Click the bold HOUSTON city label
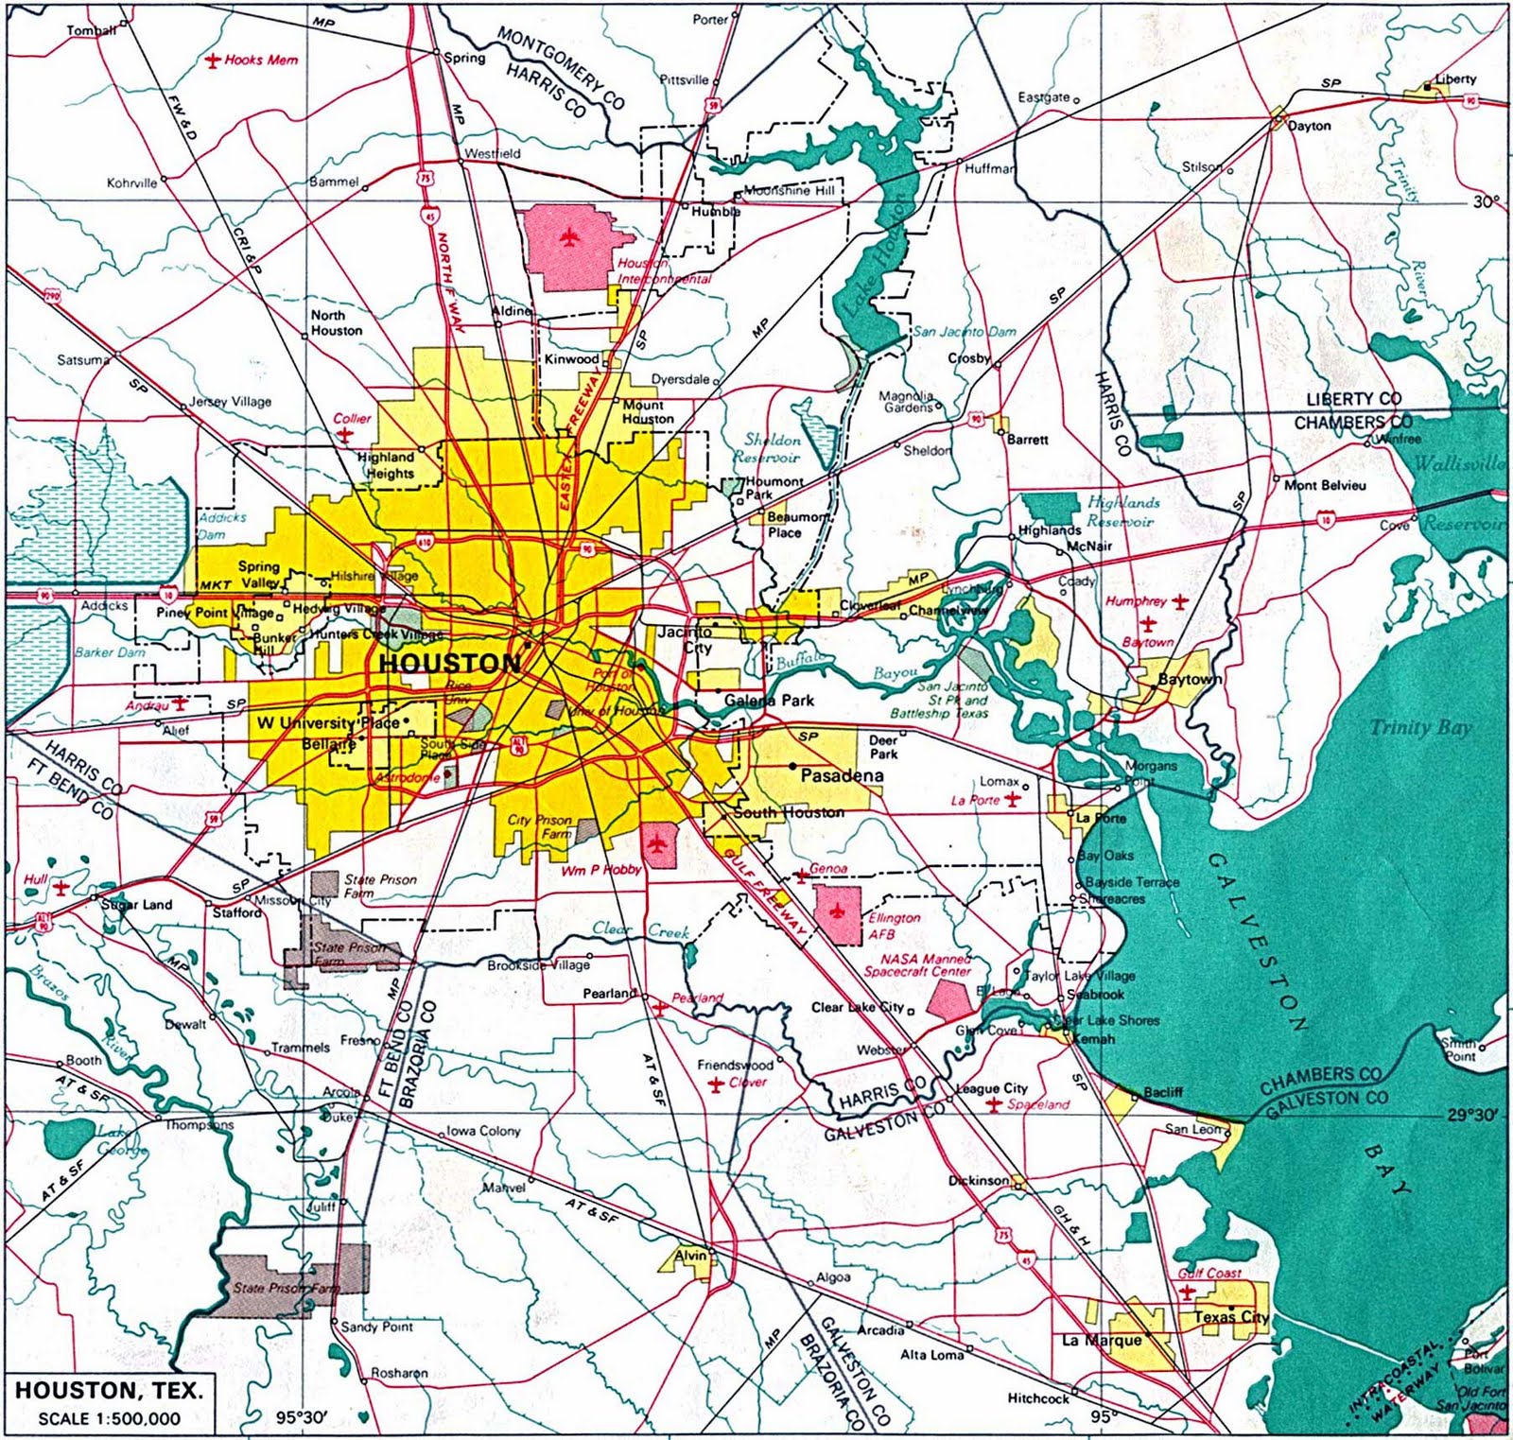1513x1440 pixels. pyautogui.click(x=449, y=663)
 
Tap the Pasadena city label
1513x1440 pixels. pyautogui.click(x=842, y=776)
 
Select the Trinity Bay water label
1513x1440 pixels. pyautogui.click(x=1420, y=727)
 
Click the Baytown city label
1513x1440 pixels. pyautogui.click(x=1191, y=679)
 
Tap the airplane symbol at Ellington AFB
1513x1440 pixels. pyautogui.click(x=836, y=911)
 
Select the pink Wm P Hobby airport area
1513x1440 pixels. pyautogui.click(x=659, y=845)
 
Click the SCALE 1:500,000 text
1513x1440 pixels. pyautogui.click(x=109, y=1418)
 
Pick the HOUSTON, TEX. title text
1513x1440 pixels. pyautogui.click(x=109, y=1391)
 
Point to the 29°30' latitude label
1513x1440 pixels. pyautogui.click(x=1471, y=1116)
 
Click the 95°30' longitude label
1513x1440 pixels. pyautogui.click(x=301, y=1417)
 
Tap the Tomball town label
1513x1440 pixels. pyautogui.click(x=91, y=31)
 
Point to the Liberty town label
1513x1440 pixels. pyautogui.click(x=1454, y=79)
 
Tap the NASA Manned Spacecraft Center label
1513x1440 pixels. pyautogui.click(x=916, y=964)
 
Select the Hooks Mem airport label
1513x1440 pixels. pyautogui.click(x=260, y=60)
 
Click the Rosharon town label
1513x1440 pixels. pyautogui.click(x=399, y=1372)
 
